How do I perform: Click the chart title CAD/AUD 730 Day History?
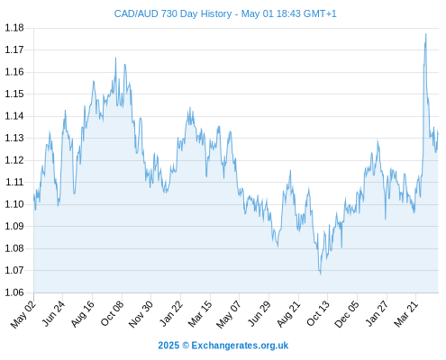click(x=173, y=13)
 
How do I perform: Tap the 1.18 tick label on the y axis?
click(x=14, y=28)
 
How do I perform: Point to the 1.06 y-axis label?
click(x=14, y=292)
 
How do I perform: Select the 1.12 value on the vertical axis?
click(x=14, y=160)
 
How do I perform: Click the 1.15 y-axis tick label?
click(x=14, y=94)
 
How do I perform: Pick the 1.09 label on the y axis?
click(x=14, y=226)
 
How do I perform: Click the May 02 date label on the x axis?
click(x=23, y=314)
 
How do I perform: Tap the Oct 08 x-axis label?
click(x=112, y=313)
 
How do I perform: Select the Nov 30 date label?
click(x=141, y=314)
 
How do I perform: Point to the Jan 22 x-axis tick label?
click(x=171, y=313)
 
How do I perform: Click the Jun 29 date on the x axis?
click(x=259, y=313)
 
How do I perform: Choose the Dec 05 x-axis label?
click(x=347, y=314)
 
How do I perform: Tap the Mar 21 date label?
click(x=406, y=314)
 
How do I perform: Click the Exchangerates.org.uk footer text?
click(x=240, y=346)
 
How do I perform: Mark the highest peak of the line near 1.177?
click(x=425, y=34)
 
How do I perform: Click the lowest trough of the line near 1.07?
click(x=321, y=274)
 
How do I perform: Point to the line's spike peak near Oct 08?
click(x=115, y=58)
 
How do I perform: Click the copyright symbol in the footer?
click(x=186, y=346)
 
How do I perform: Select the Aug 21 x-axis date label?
click(x=288, y=314)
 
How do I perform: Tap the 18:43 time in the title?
click(x=288, y=13)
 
